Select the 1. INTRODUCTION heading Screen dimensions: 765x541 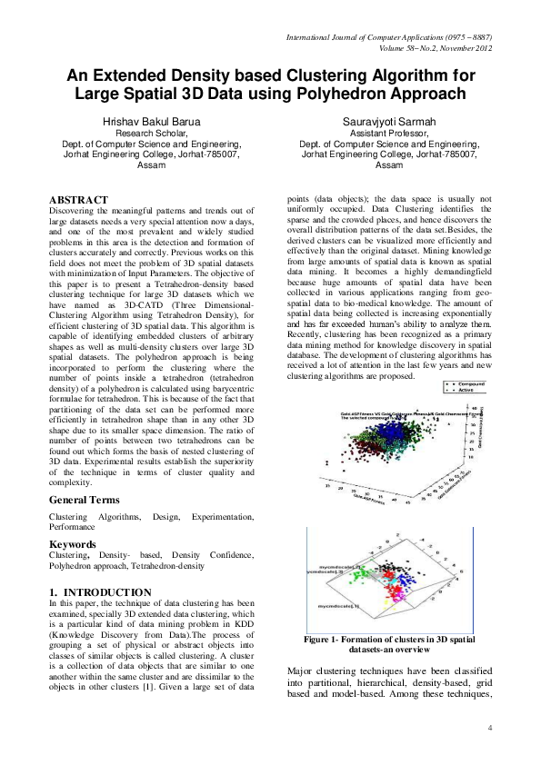pos(100,591)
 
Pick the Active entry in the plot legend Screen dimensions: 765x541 pos(466,393)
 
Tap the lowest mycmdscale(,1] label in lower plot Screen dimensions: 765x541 pos(336,604)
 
